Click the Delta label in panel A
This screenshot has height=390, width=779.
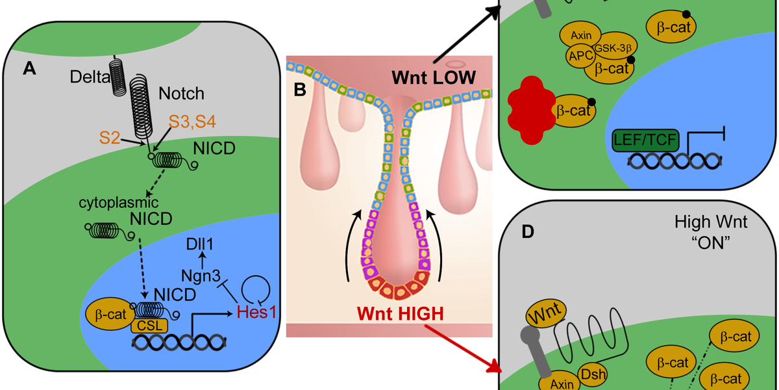coord(89,78)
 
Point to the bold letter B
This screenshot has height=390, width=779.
coord(300,89)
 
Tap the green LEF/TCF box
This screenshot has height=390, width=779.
coord(645,138)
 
